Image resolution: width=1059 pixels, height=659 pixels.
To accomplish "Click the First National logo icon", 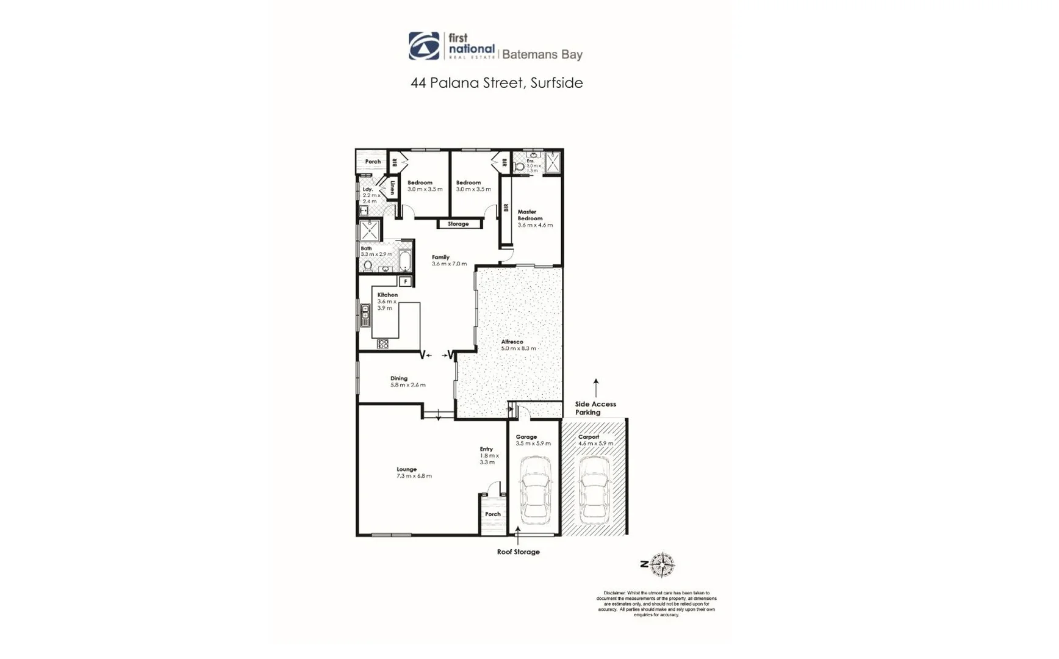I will pyautogui.click(x=424, y=46).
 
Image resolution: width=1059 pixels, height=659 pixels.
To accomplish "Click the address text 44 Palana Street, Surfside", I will pyautogui.click(x=497, y=83).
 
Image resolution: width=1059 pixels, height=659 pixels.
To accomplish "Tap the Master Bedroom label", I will pyautogui.click(x=529, y=215).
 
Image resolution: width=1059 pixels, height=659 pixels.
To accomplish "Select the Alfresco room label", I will pyautogui.click(x=512, y=342).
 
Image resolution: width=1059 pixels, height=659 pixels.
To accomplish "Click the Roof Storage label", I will pyautogui.click(x=518, y=552).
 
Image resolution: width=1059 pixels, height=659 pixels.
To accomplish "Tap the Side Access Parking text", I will pyautogui.click(x=595, y=408).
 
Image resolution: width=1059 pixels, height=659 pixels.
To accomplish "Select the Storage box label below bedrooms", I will pyautogui.click(x=458, y=224).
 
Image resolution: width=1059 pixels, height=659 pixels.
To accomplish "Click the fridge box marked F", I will pyautogui.click(x=405, y=281).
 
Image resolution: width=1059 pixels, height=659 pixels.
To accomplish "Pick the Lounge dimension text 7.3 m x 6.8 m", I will pyautogui.click(x=414, y=476).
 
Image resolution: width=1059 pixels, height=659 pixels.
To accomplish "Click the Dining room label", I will pyautogui.click(x=398, y=378).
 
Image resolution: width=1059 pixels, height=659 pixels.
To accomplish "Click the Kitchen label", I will pyautogui.click(x=387, y=295).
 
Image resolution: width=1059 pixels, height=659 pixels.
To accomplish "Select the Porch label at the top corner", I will pyautogui.click(x=372, y=162).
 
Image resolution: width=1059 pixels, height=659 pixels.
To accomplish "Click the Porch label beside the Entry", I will pyautogui.click(x=492, y=514).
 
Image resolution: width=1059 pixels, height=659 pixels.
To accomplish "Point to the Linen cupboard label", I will pyautogui.click(x=393, y=187).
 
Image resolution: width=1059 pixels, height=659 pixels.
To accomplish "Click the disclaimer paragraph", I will pyautogui.click(x=656, y=603).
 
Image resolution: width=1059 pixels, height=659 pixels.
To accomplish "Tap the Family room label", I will pyautogui.click(x=440, y=257).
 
